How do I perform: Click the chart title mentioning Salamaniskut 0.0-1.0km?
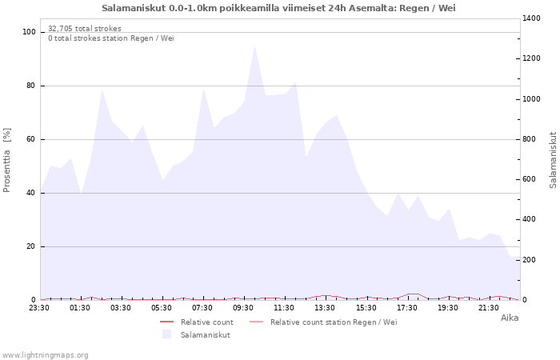279,8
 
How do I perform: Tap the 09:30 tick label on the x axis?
245,307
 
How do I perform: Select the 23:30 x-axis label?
40,307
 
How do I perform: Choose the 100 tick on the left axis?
30,32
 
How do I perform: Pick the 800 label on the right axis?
532,139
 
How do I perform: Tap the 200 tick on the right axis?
532,260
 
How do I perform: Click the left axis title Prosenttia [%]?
7,160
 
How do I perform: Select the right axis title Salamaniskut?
553,160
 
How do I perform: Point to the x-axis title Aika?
510,318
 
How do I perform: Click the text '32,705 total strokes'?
85,28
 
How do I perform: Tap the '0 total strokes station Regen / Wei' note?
110,38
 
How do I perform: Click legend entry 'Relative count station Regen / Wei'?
333,322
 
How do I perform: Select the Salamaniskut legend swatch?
166,334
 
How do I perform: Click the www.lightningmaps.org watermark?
45,354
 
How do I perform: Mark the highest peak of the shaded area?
255,45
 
